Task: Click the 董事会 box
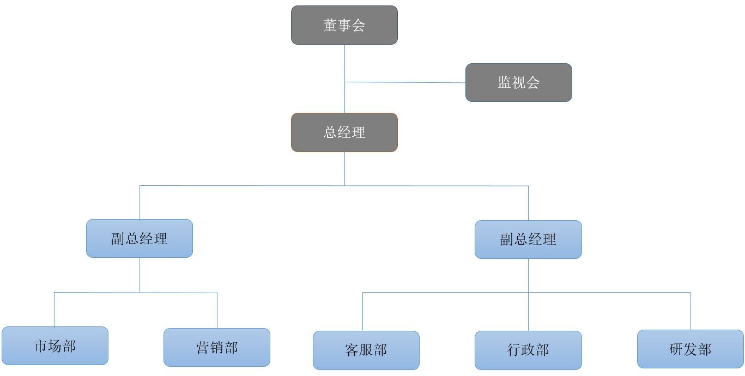click(x=344, y=25)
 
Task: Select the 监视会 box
click(x=518, y=82)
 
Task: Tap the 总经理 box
click(x=344, y=132)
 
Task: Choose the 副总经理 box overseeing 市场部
click(x=139, y=238)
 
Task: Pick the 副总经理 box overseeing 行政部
click(x=528, y=239)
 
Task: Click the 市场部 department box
click(x=54, y=345)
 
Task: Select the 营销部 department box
click(x=216, y=347)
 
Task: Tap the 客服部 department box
click(x=366, y=350)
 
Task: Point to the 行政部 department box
click(x=528, y=350)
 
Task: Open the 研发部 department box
click(x=690, y=349)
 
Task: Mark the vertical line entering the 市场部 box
click(x=54, y=310)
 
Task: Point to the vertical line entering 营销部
click(x=217, y=311)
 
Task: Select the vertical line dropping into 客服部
click(x=363, y=312)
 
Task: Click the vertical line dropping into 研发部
click(x=691, y=311)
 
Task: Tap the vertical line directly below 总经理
click(x=344, y=168)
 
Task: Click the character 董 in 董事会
click(x=330, y=25)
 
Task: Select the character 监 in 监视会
click(x=504, y=82)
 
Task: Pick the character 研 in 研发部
click(x=676, y=349)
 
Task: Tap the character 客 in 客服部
click(x=352, y=350)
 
